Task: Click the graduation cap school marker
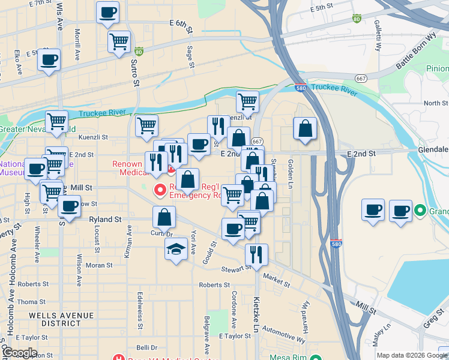[x=175, y=249]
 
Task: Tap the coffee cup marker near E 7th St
[x=107, y=13]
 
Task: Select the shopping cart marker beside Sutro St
[x=119, y=42]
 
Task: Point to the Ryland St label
[x=105, y=220]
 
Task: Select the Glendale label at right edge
[x=432, y=149]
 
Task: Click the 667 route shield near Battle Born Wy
[x=361, y=79]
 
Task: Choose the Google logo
[x=19, y=353]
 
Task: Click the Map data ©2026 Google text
[x=412, y=355]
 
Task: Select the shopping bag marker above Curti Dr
[x=164, y=218]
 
